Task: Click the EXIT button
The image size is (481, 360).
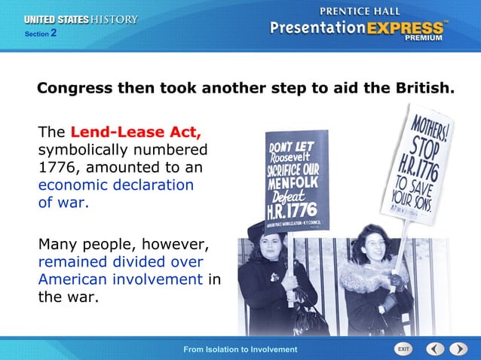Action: click(404, 349)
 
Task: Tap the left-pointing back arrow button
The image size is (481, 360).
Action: click(435, 349)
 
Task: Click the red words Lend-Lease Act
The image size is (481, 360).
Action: click(136, 133)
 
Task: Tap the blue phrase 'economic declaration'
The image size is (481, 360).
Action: click(115, 185)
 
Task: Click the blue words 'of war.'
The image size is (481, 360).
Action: click(63, 202)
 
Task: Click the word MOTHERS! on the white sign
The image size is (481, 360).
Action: click(432, 122)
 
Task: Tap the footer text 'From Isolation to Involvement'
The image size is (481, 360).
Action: click(240, 349)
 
